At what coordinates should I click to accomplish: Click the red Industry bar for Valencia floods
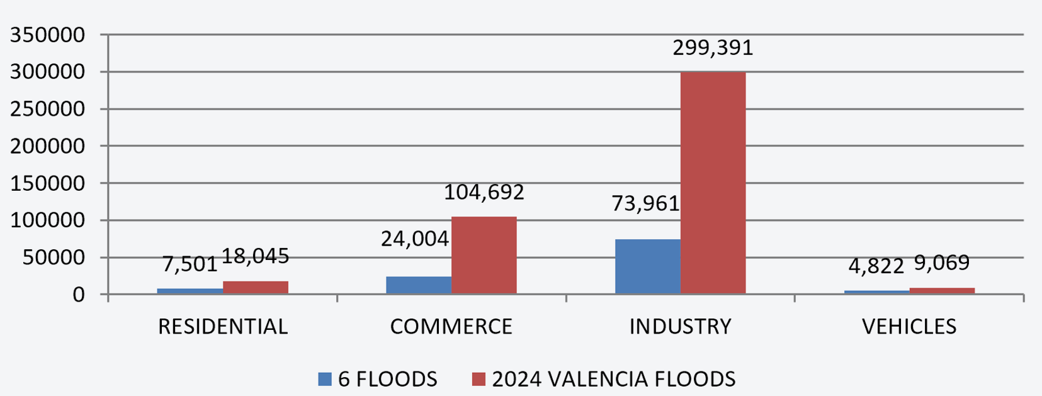point(713,183)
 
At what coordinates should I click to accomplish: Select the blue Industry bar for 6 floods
point(647,266)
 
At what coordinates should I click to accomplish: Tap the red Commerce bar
point(484,255)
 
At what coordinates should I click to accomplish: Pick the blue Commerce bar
point(419,285)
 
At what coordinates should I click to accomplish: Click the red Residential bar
point(256,288)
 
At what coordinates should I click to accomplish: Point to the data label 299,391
point(713,48)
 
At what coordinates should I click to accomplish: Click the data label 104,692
point(484,192)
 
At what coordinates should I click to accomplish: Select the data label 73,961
point(645,203)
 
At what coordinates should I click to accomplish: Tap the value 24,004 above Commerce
point(415,239)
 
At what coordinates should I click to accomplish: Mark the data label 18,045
point(256,256)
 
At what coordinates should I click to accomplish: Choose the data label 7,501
point(190,264)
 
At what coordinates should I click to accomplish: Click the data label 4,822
point(876,266)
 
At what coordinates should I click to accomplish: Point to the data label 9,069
point(941,263)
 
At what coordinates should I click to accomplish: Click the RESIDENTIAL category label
point(223,327)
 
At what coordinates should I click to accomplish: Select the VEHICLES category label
point(909,327)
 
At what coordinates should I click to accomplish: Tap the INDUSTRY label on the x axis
point(680,327)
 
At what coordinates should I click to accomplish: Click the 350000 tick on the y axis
point(48,35)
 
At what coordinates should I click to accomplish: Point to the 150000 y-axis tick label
point(48,183)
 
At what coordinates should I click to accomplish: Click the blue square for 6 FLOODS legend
point(325,379)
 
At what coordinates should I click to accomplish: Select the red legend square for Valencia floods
point(479,379)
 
